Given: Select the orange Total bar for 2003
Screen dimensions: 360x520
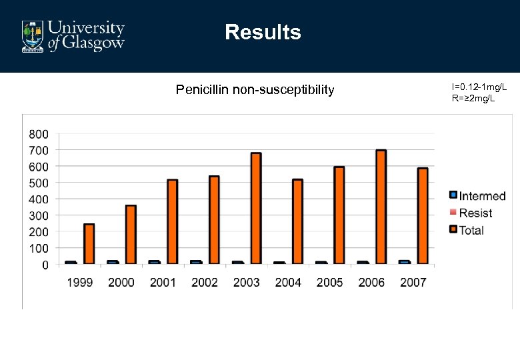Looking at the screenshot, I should point(256,208).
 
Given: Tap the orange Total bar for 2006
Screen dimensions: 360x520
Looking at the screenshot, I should point(381,207).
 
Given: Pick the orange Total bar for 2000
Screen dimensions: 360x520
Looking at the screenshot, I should point(131,234).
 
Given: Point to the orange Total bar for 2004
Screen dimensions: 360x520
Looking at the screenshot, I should point(297,221).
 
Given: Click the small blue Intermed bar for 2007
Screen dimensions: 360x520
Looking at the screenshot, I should point(404,262).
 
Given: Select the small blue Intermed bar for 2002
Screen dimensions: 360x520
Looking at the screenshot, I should point(195,262).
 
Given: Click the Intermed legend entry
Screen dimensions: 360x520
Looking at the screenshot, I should point(477,196).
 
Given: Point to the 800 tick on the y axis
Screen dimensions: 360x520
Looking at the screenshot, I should point(39,133).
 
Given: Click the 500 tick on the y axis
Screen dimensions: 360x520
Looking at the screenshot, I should point(39,183).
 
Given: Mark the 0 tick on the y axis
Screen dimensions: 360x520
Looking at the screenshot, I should point(45,265).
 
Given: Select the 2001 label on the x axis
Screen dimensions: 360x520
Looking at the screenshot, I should point(163,282).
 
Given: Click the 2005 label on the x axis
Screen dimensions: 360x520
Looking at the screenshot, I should point(329,282).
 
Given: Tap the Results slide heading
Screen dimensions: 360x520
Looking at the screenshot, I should point(263,32).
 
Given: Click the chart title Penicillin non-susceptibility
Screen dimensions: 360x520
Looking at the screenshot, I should point(255,89).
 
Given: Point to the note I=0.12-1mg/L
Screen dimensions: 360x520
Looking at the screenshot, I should point(479,87).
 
